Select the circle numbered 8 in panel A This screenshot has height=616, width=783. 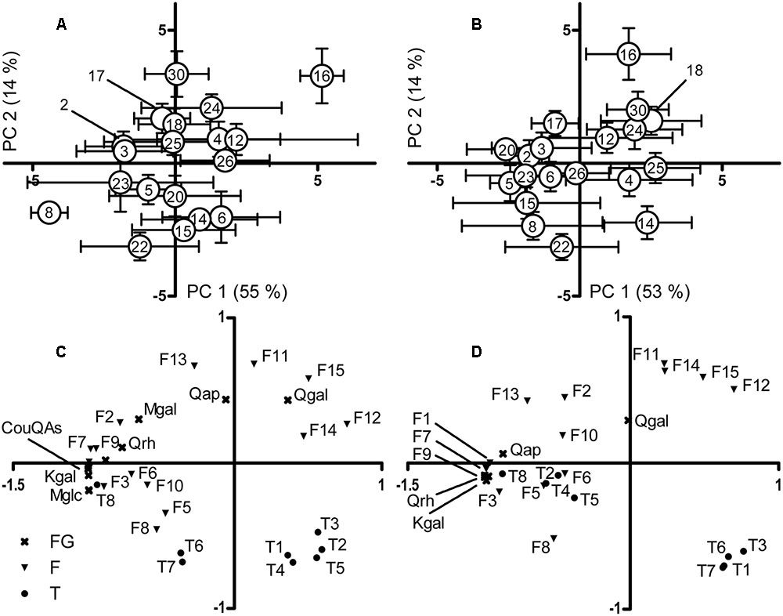(49, 212)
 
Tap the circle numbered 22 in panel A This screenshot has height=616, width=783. (139, 246)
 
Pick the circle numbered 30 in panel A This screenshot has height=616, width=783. (176, 74)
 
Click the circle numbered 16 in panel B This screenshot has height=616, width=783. (628, 54)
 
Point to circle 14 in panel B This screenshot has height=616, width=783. (647, 223)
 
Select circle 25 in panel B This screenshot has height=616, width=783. (655, 168)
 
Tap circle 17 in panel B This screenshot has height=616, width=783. (555, 124)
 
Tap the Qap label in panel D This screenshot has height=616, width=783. (526, 450)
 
